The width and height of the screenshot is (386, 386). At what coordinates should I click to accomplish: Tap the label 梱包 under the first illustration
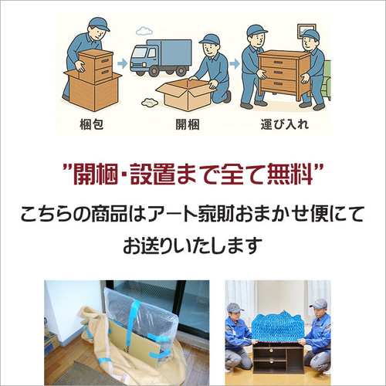(94, 124)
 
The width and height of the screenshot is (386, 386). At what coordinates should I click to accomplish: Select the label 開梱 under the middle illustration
(192, 124)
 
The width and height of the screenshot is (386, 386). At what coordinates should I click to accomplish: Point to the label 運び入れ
(290, 124)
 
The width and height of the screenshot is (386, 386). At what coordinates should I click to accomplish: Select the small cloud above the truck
(143, 32)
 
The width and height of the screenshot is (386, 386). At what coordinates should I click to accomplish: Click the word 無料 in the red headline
(296, 174)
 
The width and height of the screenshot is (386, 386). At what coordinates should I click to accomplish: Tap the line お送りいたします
(192, 246)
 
